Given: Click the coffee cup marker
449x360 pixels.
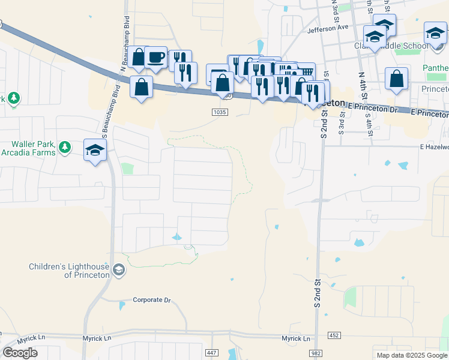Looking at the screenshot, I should pos(156,58).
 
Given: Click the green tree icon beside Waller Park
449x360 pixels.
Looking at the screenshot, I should pos(65,146).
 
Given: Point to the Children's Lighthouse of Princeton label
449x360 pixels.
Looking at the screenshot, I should pos(70,271).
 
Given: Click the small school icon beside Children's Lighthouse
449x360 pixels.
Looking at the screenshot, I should pos(119,271).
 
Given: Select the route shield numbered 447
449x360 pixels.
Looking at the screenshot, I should pos(211,353).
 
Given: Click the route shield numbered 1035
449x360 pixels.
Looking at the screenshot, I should pos(220,112).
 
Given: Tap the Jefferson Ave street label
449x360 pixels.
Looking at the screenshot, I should pos(327,28).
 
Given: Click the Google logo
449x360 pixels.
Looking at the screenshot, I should pos(20,353).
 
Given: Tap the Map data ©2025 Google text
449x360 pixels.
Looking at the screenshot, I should pos(411,355).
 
